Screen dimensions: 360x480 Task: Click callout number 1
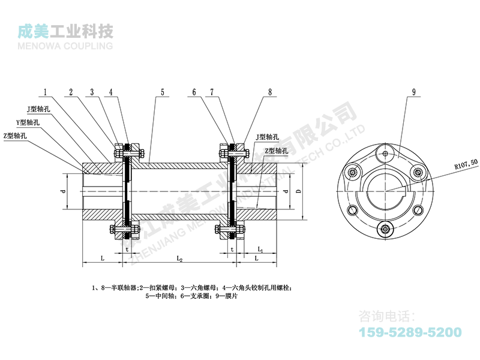(x=45, y=92)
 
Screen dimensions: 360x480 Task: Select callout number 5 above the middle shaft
(x=162, y=92)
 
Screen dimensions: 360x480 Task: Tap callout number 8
(x=270, y=92)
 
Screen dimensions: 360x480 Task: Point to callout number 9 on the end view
(x=414, y=92)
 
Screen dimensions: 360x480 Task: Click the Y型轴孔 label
(x=28, y=122)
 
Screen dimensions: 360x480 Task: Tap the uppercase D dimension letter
(x=298, y=192)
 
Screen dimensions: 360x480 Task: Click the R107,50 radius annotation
(x=457, y=163)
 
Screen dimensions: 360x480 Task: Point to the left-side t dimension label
(x=127, y=248)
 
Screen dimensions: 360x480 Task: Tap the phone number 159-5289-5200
(x=410, y=332)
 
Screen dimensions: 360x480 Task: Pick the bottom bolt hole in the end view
(x=384, y=228)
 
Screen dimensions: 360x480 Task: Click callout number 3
(x=92, y=92)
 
